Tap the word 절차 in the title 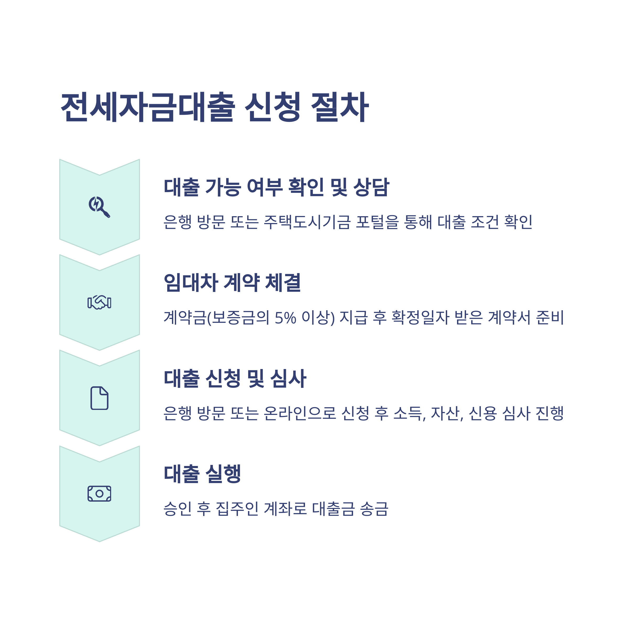click(x=340, y=107)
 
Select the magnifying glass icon click(x=99, y=207)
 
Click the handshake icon click(x=99, y=302)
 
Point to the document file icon click(x=99, y=398)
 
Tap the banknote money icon click(x=99, y=494)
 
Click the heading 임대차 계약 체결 click(x=232, y=283)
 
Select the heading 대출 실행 click(x=202, y=474)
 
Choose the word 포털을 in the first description click(x=377, y=222)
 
